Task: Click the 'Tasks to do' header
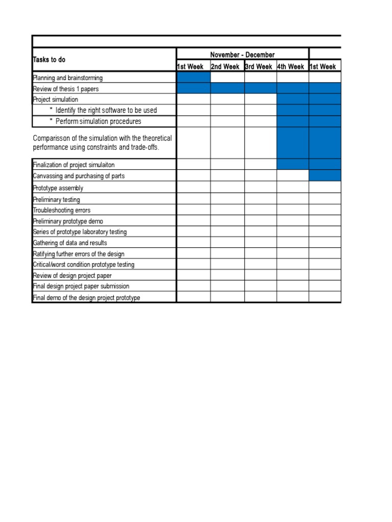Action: [50, 60]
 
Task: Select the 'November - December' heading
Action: [242, 55]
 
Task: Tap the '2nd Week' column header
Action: [225, 67]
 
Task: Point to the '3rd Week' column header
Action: [258, 67]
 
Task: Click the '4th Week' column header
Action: [290, 67]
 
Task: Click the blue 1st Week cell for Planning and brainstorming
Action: [193, 77]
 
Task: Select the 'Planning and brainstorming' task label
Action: [68, 78]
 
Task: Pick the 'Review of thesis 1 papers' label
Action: [66, 89]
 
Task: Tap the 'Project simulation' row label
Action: [56, 99]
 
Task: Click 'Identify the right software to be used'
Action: [106, 110]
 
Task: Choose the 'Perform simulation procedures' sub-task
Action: [99, 121]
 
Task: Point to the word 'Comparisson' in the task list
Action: [52, 138]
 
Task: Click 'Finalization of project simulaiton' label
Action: [77, 165]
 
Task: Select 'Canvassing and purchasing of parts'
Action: [79, 176]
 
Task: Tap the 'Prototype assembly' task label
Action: [58, 188]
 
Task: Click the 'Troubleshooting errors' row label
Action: [62, 210]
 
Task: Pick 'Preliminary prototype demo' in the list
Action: [68, 221]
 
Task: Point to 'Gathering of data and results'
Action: [70, 243]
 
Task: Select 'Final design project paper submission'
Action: [81, 286]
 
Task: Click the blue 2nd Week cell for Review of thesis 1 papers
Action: [227, 89]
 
